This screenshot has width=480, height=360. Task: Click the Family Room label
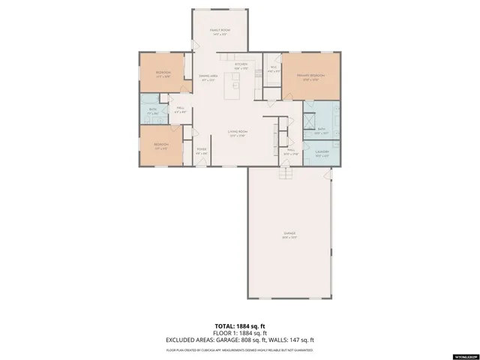pos(219,31)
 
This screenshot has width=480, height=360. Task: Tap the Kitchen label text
pos(241,66)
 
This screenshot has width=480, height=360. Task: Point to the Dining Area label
pos(208,77)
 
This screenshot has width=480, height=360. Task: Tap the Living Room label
pos(238,133)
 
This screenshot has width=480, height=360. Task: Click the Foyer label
pos(202,151)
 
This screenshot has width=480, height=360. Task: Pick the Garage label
pos(289,235)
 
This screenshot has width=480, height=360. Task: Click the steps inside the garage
pos(284,174)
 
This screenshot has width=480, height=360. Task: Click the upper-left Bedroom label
pos(163,73)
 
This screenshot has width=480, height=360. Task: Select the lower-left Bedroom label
pos(161,145)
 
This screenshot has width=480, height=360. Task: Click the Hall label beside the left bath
pos(181,110)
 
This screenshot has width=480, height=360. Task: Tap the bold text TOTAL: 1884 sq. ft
pos(239,327)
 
